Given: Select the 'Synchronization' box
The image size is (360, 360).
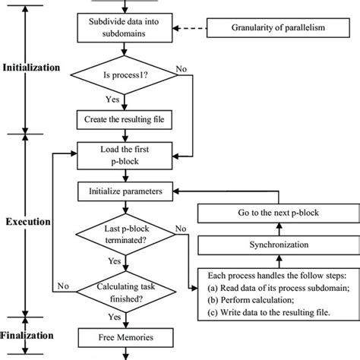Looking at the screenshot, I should click(x=271, y=245).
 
